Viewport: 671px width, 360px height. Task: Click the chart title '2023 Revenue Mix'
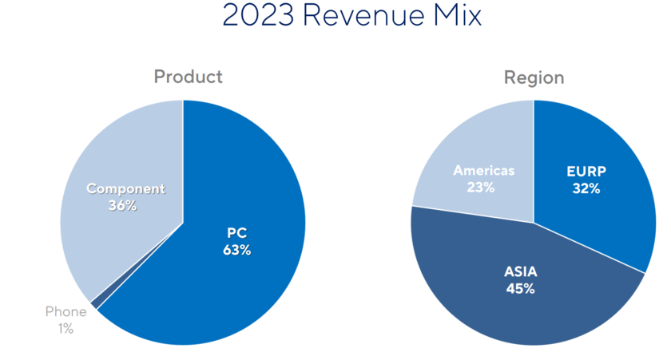(x=351, y=16)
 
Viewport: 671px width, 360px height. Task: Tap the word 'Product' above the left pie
(x=188, y=77)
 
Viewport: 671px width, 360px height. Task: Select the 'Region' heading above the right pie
(x=534, y=77)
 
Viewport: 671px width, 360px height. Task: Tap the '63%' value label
(x=236, y=250)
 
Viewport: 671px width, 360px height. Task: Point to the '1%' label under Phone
(x=65, y=328)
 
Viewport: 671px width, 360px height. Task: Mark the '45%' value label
(x=520, y=288)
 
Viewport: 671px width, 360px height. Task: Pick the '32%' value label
(x=586, y=188)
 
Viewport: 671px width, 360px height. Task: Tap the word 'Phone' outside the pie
(x=66, y=311)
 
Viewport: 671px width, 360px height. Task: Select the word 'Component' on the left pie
(x=125, y=189)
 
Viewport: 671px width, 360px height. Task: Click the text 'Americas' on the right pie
(x=484, y=171)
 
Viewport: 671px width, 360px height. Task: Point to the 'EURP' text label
(x=586, y=172)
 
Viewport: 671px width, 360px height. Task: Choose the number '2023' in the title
(x=255, y=16)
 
